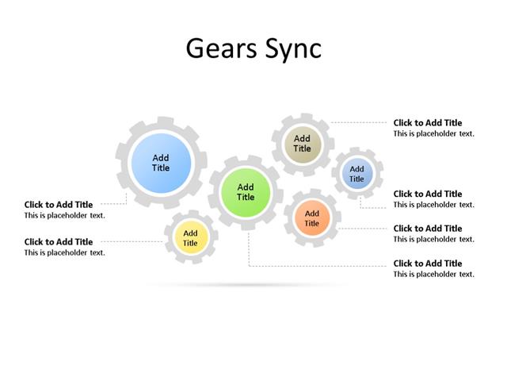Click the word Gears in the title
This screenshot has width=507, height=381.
219,48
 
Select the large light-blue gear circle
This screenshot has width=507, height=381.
161,163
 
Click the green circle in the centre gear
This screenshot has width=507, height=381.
246,192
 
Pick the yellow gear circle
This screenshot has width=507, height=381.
190,237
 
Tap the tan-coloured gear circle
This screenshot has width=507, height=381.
302,144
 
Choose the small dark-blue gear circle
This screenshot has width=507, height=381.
357,174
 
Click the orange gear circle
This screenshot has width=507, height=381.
312,218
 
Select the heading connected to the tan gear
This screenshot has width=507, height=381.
428,123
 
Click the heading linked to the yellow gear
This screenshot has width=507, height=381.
59,242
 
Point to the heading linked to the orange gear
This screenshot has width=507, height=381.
428,229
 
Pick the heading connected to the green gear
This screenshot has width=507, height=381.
428,264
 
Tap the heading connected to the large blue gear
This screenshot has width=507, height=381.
59,205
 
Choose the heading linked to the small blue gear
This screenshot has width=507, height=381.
428,194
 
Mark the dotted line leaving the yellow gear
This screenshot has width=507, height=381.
135,241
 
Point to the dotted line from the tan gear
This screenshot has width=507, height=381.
360,122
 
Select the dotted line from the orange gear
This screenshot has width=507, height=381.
364,229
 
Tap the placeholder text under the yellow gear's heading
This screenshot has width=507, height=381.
64,253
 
